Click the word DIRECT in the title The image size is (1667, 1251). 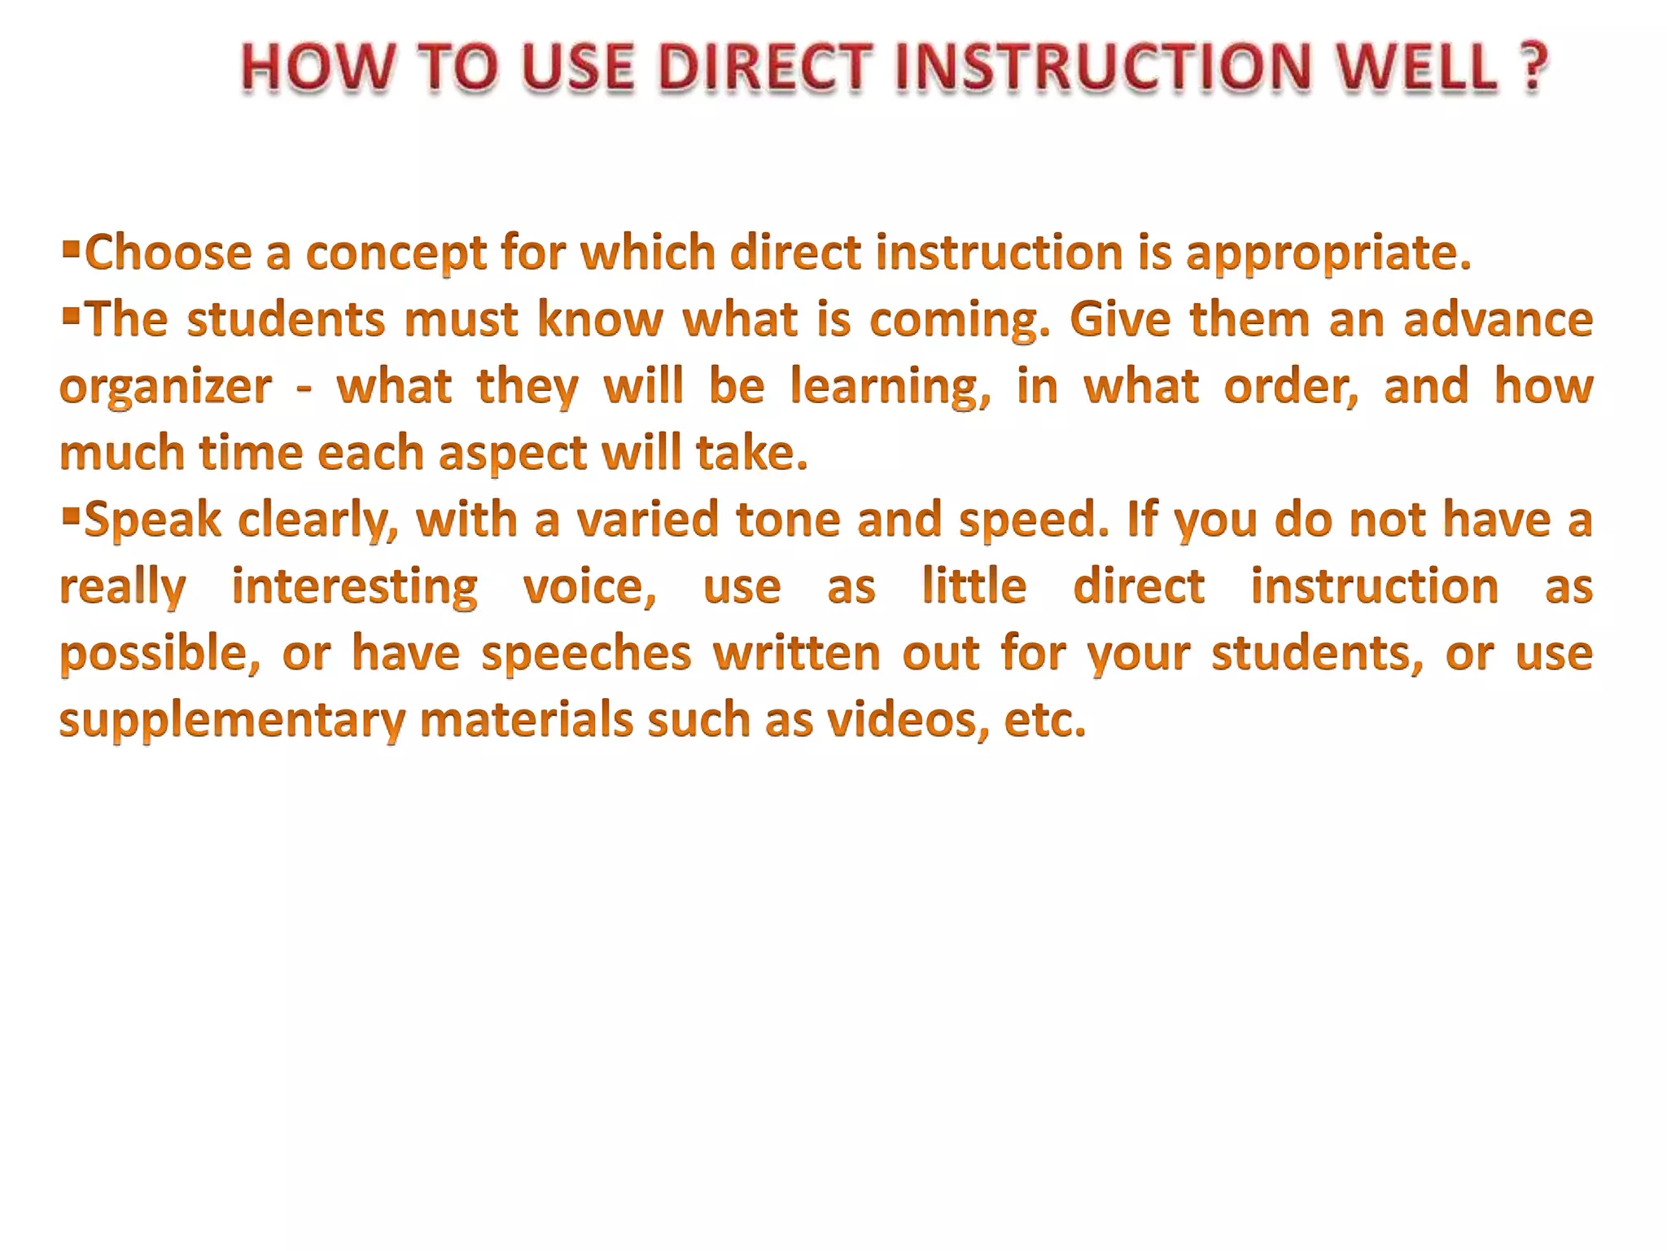point(764,68)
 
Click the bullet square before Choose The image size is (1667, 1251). point(71,245)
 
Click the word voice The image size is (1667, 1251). point(588,587)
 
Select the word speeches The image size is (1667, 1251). point(586,654)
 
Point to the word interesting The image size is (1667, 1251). point(355,587)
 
